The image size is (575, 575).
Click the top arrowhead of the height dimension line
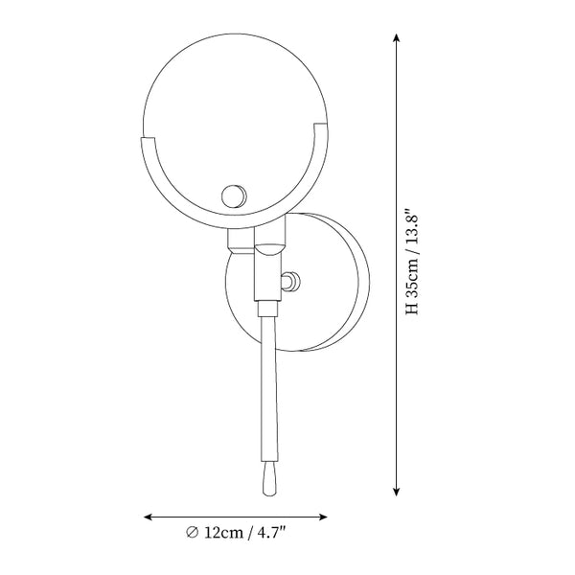pyautogui.click(x=396, y=37)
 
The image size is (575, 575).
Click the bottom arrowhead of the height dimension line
pyautogui.click(x=396, y=493)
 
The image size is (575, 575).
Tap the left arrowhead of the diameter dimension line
pyautogui.click(x=148, y=517)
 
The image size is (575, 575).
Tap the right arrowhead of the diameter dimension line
pyautogui.click(x=323, y=517)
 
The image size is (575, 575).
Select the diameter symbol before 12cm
pyautogui.click(x=192, y=532)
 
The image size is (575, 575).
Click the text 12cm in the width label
pyautogui.click(x=223, y=533)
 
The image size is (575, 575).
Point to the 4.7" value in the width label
pyautogui.click(x=271, y=532)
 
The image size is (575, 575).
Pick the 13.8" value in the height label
pyautogui.click(x=411, y=227)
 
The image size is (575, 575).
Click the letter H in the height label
pyautogui.click(x=412, y=308)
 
